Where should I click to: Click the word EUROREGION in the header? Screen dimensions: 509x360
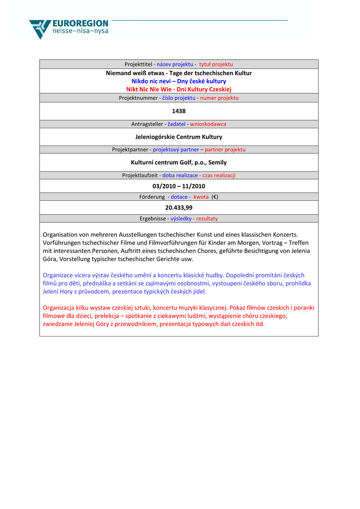(x=80, y=23)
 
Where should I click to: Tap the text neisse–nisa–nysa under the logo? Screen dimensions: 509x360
(x=80, y=31)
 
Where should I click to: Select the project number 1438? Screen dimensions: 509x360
(x=179, y=111)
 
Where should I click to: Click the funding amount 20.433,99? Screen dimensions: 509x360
(x=179, y=207)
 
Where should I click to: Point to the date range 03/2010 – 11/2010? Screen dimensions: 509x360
(x=179, y=186)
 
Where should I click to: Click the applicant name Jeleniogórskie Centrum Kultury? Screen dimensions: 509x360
(x=179, y=137)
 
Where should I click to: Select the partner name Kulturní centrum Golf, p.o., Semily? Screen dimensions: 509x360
(x=179, y=162)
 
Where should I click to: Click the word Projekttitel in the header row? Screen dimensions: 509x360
(x=138, y=64)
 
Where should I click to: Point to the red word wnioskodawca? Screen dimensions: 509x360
(x=208, y=124)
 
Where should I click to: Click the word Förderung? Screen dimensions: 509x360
(x=152, y=197)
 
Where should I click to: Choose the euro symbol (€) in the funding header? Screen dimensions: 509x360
(x=214, y=197)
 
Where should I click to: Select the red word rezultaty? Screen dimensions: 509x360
(x=207, y=218)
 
